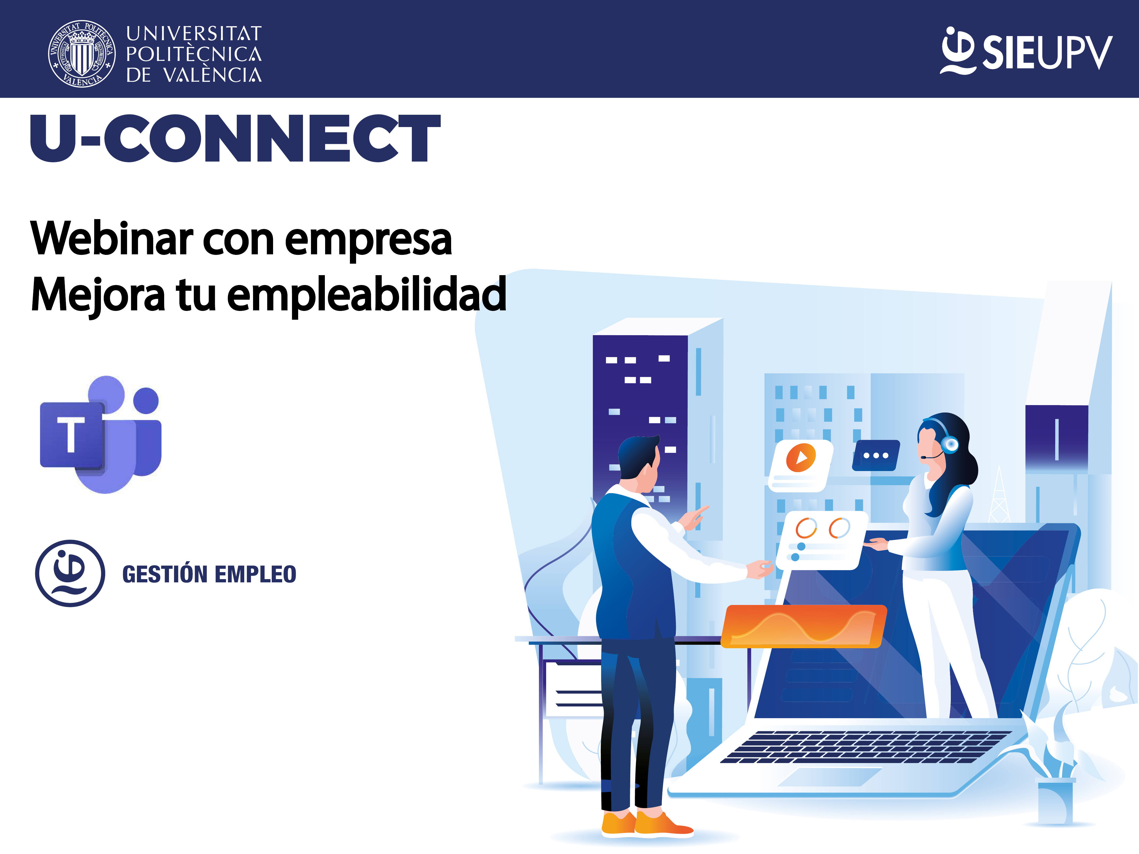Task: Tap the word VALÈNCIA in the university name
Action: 213,75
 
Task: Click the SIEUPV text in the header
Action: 1047,52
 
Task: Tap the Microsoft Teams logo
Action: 101,434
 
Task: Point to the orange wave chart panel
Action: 803,626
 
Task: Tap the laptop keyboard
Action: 865,746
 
